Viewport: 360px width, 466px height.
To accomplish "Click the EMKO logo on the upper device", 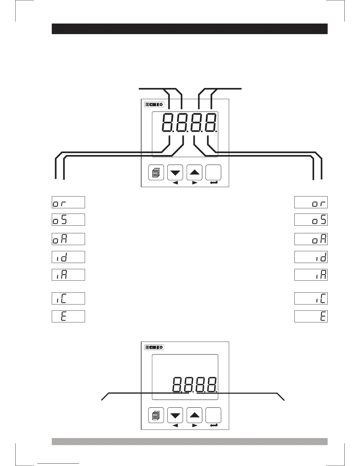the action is (154, 104).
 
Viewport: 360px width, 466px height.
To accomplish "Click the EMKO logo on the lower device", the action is (154, 347).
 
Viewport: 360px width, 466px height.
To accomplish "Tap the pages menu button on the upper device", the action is (156, 172).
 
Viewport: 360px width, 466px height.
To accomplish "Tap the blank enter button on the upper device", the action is (213, 172).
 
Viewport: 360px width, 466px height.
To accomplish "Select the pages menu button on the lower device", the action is (156, 415).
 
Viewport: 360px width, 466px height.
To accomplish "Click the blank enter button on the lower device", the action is (213, 415).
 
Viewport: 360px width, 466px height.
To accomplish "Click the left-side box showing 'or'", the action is (68, 202).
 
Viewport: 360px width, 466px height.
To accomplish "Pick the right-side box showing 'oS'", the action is (311, 220).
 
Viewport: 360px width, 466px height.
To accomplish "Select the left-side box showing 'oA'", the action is (68, 239).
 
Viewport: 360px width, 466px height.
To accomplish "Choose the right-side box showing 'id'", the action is (311, 257).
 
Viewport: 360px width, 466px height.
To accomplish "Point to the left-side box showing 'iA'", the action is (68, 274).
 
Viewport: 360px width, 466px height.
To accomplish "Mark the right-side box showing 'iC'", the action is (311, 298).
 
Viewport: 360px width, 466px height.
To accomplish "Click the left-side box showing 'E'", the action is (68, 316).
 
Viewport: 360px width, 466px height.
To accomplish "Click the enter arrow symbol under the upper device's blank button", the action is (214, 183).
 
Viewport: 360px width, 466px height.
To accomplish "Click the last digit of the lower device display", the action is (211, 385).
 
